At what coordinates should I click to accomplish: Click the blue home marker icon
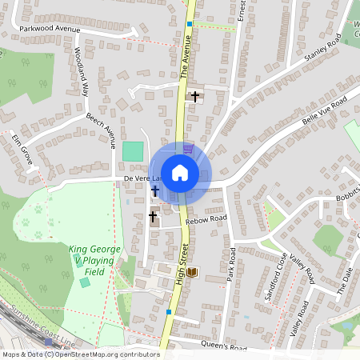(180, 171)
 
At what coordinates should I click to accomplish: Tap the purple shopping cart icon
(187, 148)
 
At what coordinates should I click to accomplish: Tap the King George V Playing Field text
(94, 261)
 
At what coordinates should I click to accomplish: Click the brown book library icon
(193, 272)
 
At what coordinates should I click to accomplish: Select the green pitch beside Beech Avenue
(133, 150)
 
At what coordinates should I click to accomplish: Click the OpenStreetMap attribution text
(80, 354)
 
